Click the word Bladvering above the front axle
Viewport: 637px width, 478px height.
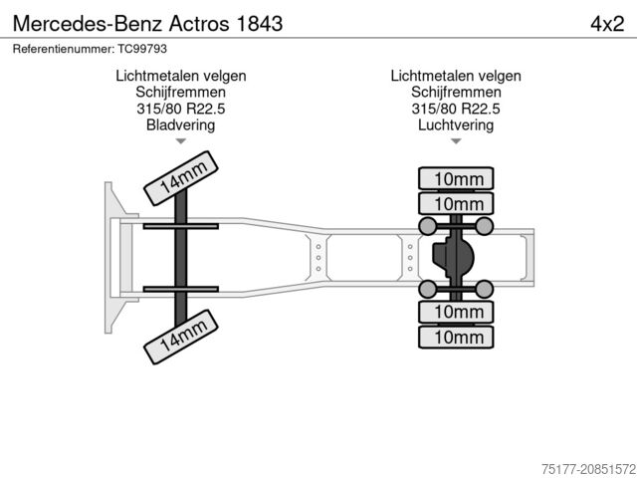[x=180, y=125]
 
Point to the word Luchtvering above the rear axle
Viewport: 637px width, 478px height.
[x=456, y=125]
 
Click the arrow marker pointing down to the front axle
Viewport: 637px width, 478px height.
[x=180, y=142]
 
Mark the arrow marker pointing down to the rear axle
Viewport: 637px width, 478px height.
[x=456, y=142]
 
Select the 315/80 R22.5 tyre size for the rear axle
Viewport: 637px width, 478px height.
[x=456, y=109]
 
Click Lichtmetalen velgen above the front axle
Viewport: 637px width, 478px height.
[x=180, y=76]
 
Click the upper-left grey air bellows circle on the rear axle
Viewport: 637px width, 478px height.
[x=428, y=227]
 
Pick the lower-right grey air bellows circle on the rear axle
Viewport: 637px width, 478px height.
[x=485, y=289]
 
